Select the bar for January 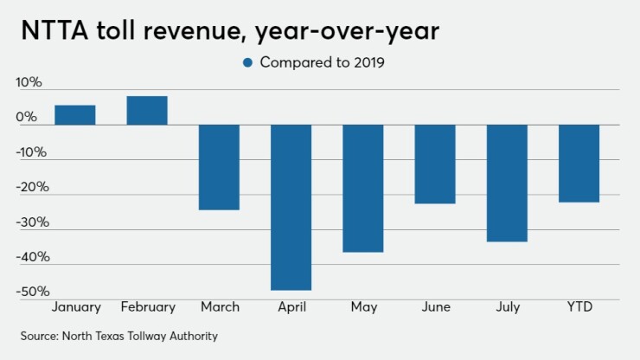click(74, 115)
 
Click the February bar click(147, 111)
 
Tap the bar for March click(219, 167)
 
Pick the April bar click(291, 207)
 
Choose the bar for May click(362, 188)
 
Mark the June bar click(434, 164)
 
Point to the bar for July click(507, 183)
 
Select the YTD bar click(579, 163)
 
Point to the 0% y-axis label click(29, 118)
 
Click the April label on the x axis click(291, 307)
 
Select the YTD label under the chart click(579, 307)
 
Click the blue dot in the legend click(247, 62)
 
